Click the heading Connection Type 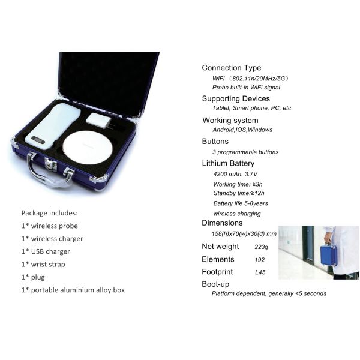tap(231, 68)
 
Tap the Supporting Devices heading tap(236, 98)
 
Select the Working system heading tap(230, 121)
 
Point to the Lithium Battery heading tap(228, 163)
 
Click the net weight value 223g tap(262, 247)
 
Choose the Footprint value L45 tap(260, 272)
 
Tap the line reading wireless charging tap(237, 214)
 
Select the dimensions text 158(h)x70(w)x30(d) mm tap(244, 233)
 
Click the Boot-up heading tap(215, 284)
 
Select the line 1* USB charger tap(46, 251)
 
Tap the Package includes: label tap(49, 213)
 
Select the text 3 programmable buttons tap(245, 152)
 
